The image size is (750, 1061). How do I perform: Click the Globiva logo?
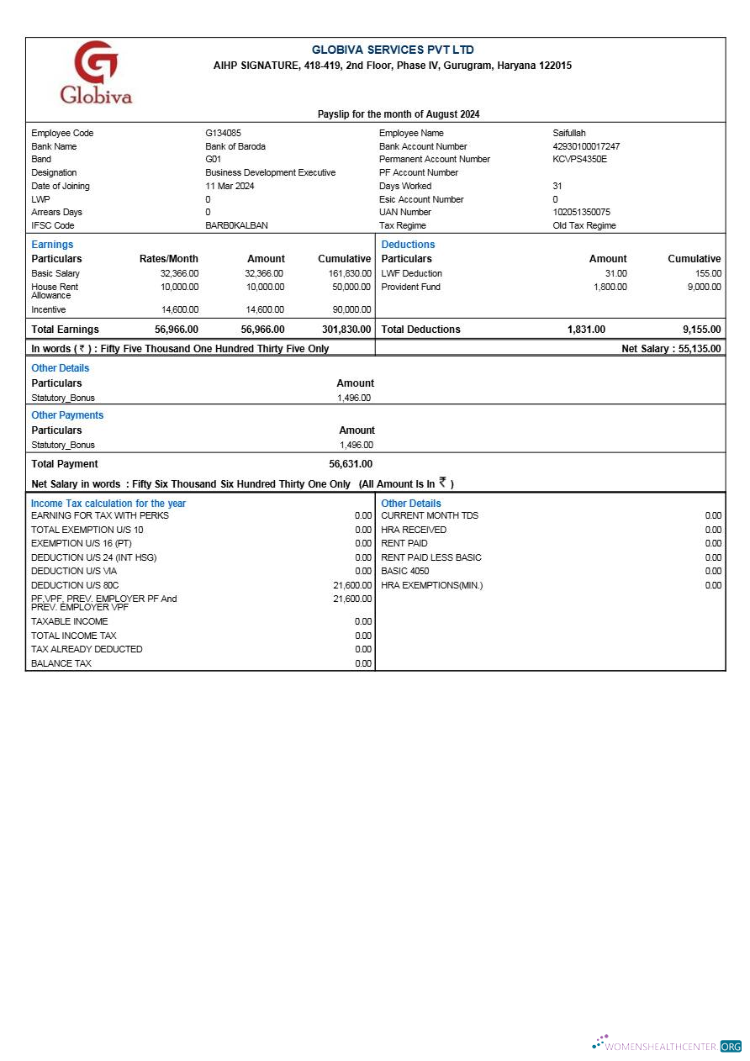(96, 72)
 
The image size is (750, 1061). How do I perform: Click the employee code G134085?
(223, 133)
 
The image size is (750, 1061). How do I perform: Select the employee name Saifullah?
(569, 133)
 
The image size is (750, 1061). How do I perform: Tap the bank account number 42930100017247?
(586, 146)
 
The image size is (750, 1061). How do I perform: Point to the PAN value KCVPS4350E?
(579, 159)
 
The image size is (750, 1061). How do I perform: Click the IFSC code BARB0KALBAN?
(236, 225)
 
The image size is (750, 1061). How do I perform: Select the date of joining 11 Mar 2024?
(230, 186)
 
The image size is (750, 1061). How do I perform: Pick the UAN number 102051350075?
(581, 212)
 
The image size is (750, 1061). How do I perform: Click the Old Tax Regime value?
(584, 225)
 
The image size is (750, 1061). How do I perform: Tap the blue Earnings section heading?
(52, 245)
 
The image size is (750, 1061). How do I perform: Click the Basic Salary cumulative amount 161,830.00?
(349, 273)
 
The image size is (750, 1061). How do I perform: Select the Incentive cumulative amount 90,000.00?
(351, 309)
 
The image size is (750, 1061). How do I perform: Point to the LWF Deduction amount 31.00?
(615, 273)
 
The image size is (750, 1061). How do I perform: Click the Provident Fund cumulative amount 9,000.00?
(704, 287)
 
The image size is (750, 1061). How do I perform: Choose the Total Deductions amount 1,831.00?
(586, 330)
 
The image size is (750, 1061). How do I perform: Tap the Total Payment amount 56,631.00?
(351, 464)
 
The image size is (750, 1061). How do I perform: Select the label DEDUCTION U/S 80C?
(69, 585)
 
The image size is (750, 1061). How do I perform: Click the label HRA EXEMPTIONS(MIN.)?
(431, 585)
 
